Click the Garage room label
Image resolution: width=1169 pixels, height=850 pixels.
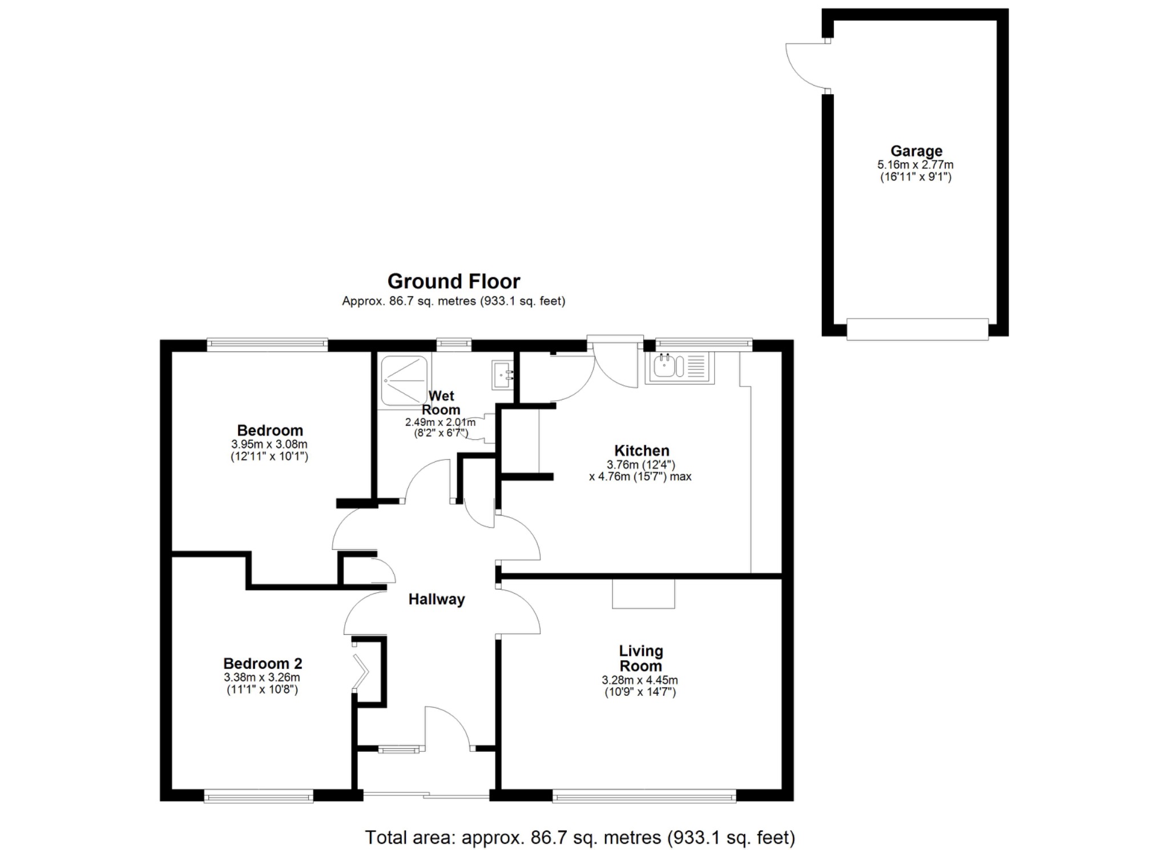916,151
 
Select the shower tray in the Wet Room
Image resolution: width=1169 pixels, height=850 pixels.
404,381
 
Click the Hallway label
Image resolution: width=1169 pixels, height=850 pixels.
437,599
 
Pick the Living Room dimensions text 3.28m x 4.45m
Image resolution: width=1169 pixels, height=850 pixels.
640,680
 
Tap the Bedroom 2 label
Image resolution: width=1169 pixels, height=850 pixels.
263,663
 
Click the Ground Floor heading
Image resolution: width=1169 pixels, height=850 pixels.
454,281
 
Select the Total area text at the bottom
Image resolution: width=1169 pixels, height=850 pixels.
580,837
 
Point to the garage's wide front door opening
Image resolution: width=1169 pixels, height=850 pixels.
917,329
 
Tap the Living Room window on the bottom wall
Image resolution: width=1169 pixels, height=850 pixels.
644,796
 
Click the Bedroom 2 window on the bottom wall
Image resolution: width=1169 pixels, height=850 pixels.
259,796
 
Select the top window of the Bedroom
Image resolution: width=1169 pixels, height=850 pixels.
267,344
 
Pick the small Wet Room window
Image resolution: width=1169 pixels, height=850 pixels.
454,344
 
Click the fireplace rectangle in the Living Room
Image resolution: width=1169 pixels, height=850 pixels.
643,594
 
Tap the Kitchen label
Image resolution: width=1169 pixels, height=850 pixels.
642,450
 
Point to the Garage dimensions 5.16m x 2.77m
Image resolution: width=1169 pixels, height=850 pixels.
916,164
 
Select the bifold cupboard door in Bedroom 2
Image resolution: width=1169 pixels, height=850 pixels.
360,670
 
